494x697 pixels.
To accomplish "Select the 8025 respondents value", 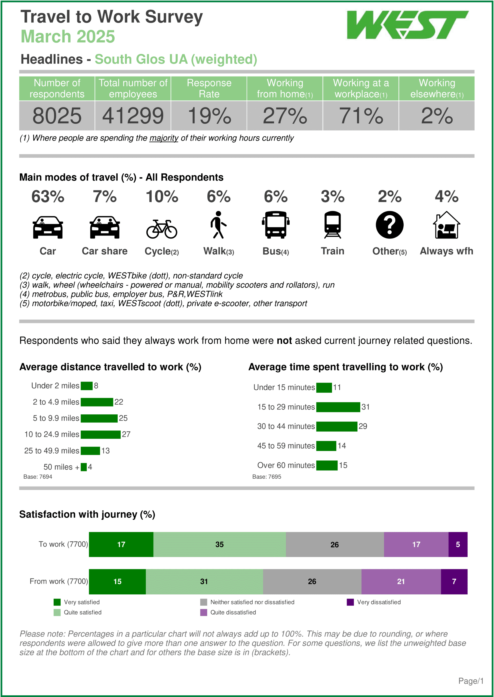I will [57, 116].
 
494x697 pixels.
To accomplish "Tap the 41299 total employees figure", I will [133, 116].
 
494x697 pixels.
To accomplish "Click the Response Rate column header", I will [209, 88].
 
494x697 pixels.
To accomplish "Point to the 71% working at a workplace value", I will [361, 116].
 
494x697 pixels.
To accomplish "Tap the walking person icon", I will [218, 225].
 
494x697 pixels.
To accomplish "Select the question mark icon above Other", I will [389, 225].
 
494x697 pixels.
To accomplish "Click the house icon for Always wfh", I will [446, 225].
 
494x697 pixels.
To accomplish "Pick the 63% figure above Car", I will [48, 197].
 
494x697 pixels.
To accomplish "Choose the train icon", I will [333, 225].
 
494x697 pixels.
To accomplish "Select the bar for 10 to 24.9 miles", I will [101, 435].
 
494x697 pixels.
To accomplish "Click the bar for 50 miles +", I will [84, 467].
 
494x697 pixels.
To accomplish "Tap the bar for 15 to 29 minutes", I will [338, 407].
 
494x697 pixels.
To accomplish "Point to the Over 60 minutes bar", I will [327, 466].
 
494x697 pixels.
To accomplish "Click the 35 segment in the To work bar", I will [219, 545].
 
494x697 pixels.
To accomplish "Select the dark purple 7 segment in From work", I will [454, 582].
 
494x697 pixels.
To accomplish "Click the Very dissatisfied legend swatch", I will [350, 602].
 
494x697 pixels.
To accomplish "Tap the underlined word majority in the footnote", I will [164, 138].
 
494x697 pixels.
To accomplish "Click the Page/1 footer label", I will [471, 681].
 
